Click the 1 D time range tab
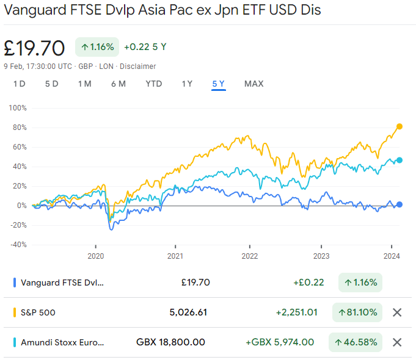(20, 84)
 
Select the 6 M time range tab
(119, 84)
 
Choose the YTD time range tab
(154, 84)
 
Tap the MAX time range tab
(254, 84)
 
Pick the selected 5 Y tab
(219, 84)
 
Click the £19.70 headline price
(34, 47)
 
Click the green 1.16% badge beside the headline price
(97, 46)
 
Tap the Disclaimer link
(137, 66)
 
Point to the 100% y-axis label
(18, 108)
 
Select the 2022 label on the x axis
(249, 256)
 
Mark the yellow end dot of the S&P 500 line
(400, 126)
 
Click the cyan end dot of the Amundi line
(400, 160)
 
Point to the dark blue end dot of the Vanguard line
(400, 204)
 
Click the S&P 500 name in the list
(38, 312)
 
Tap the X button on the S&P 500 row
(397, 312)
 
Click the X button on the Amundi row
(397, 342)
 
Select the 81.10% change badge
(357, 312)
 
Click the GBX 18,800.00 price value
(170, 342)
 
